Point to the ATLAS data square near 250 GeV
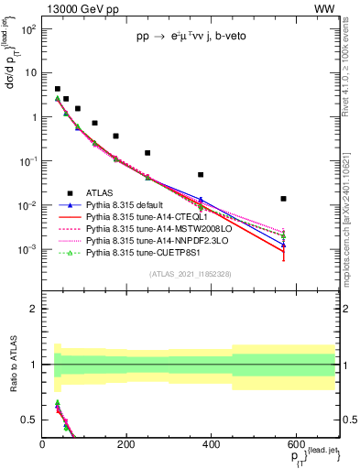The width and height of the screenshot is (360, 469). pyautogui.click(x=147, y=153)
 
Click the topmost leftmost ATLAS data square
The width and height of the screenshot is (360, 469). pyautogui.click(x=57, y=89)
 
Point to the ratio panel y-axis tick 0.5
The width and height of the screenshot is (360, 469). pyautogui.click(x=31, y=420)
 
